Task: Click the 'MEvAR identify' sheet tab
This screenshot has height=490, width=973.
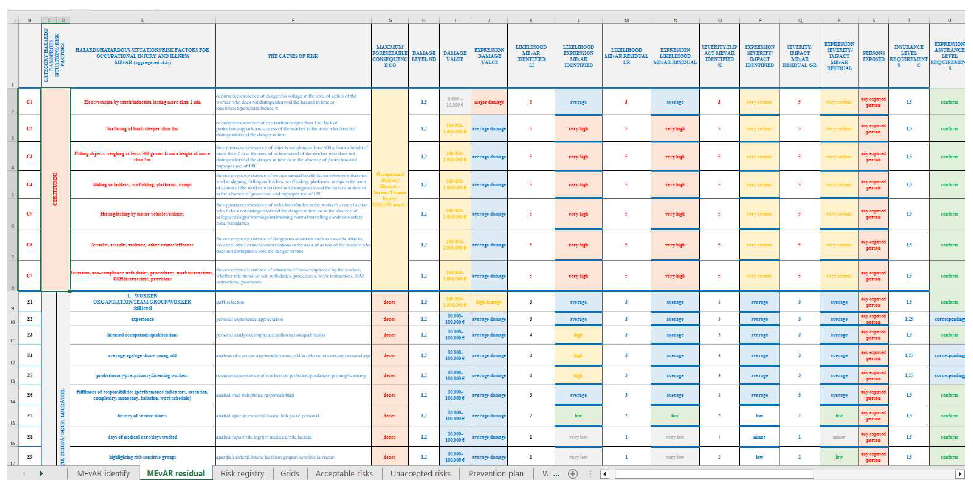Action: click(103, 473)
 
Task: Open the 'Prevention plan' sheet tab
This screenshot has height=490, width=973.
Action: click(496, 473)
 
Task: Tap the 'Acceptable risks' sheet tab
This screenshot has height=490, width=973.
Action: click(344, 473)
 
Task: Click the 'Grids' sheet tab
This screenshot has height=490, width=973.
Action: click(290, 473)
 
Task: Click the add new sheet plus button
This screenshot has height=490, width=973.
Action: click(573, 474)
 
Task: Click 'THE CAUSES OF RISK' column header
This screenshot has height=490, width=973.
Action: click(293, 56)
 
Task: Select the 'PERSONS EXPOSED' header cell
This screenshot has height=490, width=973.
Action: click(873, 56)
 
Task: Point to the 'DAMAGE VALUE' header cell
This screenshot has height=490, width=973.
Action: click(455, 56)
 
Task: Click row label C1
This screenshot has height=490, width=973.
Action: click(29, 102)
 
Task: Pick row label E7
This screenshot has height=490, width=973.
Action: click(29, 416)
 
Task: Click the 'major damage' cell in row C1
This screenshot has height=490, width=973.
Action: click(489, 102)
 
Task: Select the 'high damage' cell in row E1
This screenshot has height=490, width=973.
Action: click(489, 302)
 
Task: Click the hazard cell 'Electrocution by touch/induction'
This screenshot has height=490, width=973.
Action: click(142, 102)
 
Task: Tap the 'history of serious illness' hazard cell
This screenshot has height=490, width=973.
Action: click(142, 416)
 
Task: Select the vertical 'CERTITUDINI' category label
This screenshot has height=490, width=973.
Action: click(55, 189)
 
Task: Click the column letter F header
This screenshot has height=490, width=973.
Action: click(293, 20)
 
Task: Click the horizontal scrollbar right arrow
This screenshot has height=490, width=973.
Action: click(959, 474)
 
